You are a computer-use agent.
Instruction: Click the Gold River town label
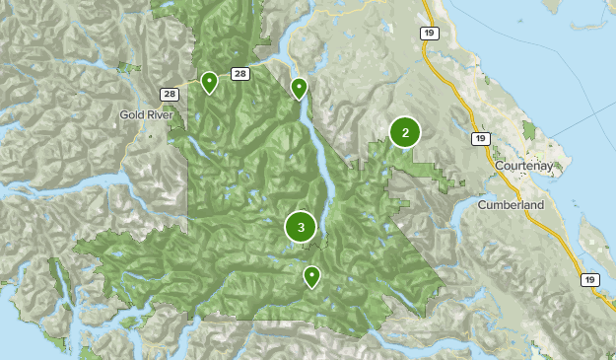coord(146,114)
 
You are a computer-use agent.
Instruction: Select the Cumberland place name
coord(510,204)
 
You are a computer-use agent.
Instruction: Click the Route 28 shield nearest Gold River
coord(170,94)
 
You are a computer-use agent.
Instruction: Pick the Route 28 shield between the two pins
coord(240,74)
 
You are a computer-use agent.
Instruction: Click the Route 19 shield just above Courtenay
coord(480,139)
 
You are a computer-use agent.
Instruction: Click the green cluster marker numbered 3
coord(301,227)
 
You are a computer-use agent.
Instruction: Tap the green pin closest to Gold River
coord(209,82)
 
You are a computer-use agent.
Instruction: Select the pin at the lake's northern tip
coord(299,89)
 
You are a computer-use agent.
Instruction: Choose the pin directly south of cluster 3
coord(311,276)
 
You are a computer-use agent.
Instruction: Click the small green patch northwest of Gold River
coord(125,67)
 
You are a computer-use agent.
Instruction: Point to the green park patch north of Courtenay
coord(529,130)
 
